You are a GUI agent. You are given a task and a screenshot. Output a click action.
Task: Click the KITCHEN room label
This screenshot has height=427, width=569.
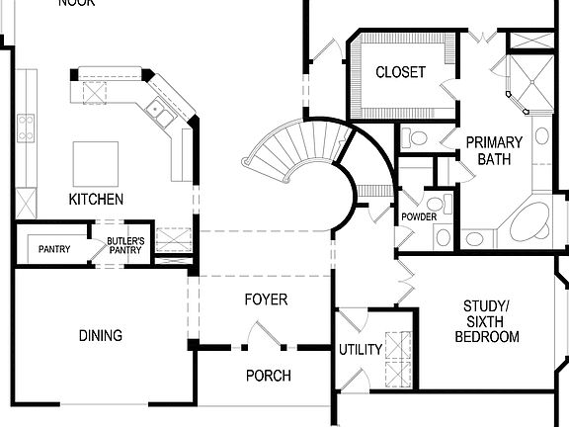96,200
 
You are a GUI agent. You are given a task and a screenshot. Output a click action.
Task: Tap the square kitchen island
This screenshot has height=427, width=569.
96,159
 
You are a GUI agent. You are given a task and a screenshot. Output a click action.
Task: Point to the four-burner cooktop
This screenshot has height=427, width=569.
25,126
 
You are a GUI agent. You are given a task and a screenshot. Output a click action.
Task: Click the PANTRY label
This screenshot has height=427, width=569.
54,249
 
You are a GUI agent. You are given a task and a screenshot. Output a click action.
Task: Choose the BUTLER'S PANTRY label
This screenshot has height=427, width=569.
126,246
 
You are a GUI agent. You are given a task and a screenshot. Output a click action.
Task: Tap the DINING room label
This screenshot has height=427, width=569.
101,336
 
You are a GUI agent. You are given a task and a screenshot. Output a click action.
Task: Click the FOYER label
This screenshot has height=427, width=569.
266,299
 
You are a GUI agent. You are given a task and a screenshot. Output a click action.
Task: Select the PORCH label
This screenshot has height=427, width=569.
268,376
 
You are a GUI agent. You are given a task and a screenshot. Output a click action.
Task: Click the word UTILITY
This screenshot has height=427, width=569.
360,350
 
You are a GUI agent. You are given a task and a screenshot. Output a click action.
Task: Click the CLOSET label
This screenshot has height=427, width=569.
400,72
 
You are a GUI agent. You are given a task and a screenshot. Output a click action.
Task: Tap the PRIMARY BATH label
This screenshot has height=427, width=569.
494,150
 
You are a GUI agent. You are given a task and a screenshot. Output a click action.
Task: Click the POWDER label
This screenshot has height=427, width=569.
419,216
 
